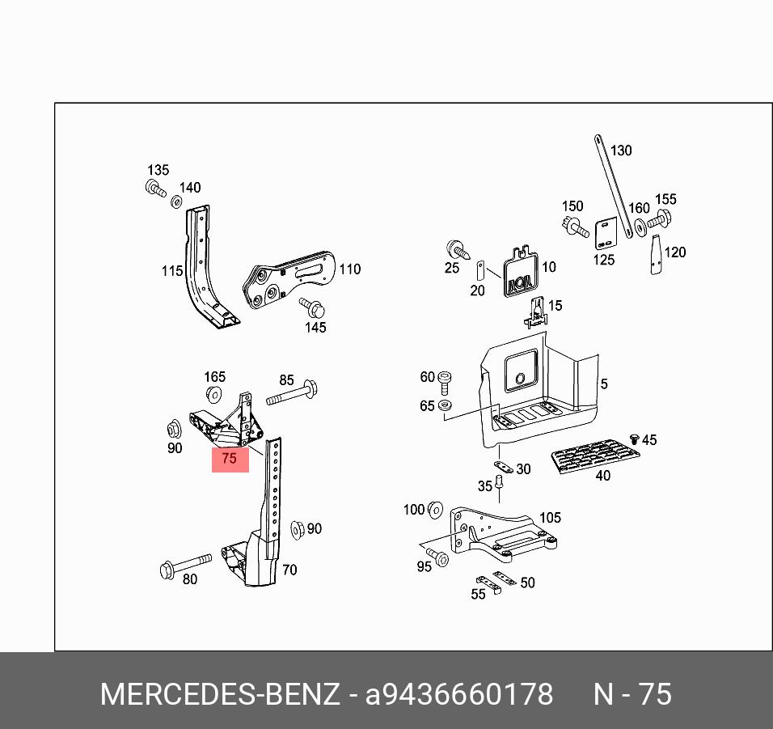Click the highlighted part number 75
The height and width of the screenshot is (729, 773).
point(230,459)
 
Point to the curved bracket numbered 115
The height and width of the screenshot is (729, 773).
point(202,267)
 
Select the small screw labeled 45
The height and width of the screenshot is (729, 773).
point(635,439)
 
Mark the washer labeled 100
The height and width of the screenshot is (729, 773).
point(434,510)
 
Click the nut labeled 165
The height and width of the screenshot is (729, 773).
point(214,395)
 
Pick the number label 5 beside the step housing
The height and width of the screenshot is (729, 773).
point(603,384)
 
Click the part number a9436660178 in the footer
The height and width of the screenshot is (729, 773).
point(459,694)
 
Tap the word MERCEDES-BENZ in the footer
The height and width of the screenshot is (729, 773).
point(219,694)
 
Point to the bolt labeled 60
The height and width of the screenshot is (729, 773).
point(445,379)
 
